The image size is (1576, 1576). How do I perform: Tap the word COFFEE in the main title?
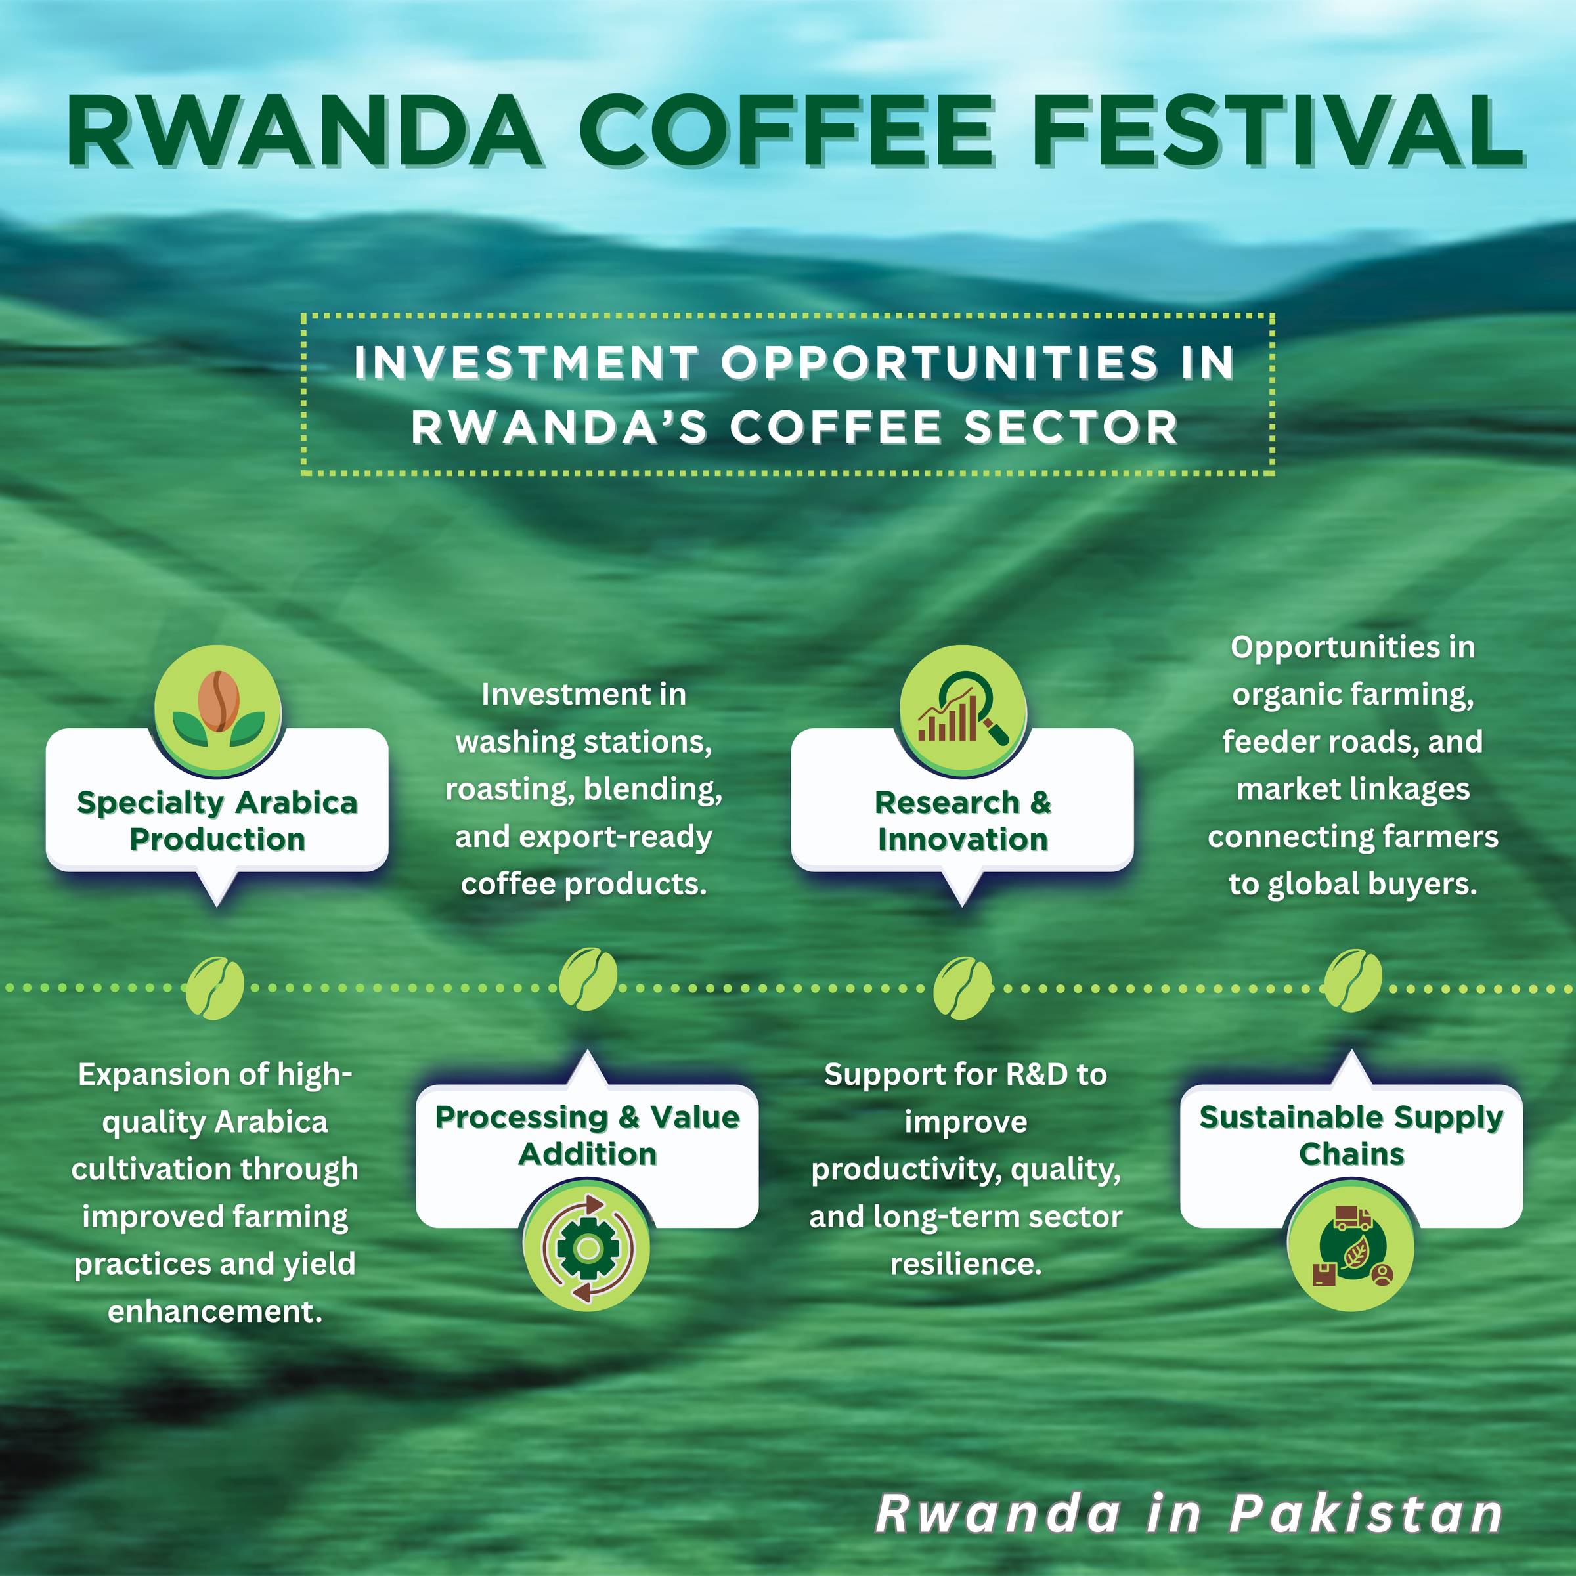[x=787, y=131]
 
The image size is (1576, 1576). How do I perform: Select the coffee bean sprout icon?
[x=218, y=710]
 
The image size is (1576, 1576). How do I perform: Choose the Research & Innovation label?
[x=963, y=821]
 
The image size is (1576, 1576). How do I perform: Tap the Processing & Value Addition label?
[x=587, y=1135]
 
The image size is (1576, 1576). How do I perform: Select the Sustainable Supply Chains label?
[x=1351, y=1135]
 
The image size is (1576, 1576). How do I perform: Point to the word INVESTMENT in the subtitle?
[x=526, y=363]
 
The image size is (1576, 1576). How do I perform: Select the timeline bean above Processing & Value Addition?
[x=587, y=979]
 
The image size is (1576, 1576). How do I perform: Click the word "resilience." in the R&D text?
[x=966, y=1264]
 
